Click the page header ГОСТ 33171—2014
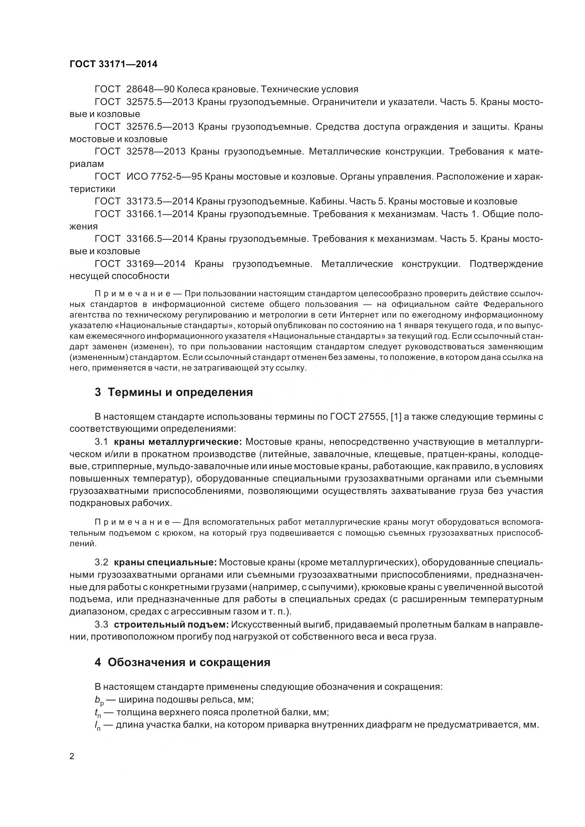(114, 64)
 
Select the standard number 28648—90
(151, 89)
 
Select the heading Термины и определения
(180, 392)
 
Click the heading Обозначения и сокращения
(189, 662)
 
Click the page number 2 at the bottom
(72, 756)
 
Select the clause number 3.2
(101, 562)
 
